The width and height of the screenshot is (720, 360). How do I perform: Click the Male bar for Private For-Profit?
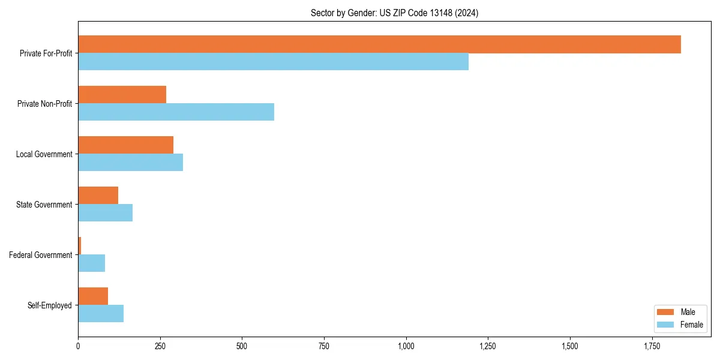coord(379,44)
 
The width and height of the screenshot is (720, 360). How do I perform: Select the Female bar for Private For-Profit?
coord(273,62)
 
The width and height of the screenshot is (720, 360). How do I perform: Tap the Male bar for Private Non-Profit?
coord(122,95)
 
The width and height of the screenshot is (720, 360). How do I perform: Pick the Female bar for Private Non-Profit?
coord(176,112)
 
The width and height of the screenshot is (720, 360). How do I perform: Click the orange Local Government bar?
coord(125,145)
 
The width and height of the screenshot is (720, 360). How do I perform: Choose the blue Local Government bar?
coord(130,163)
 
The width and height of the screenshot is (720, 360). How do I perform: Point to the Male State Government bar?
coord(98,196)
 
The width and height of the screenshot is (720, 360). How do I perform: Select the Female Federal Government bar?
coord(91,263)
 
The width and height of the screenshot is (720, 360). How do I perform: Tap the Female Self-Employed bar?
coord(101,314)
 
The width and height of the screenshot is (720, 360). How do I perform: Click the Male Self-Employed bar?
coord(93,296)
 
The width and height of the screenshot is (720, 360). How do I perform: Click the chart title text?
coord(394,13)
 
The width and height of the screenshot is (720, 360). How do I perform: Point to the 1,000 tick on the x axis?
coord(406,346)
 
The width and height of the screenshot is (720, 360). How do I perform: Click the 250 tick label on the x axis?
coord(160,346)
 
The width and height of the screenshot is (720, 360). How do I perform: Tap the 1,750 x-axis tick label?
coord(652,346)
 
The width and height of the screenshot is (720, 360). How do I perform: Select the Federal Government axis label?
coord(40,255)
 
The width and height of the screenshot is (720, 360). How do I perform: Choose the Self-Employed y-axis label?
coord(49,305)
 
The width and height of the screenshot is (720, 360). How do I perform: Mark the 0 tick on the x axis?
coord(78,346)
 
